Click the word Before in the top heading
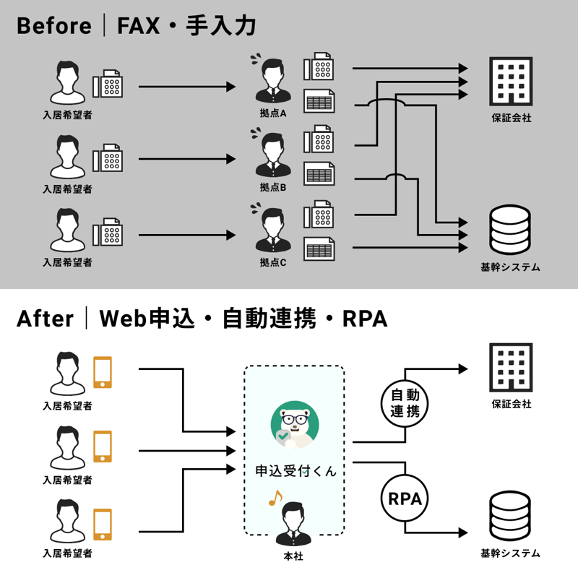54,27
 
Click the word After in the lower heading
45,319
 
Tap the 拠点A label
273,113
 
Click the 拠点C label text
273,263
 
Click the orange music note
275,498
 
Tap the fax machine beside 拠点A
319,67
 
